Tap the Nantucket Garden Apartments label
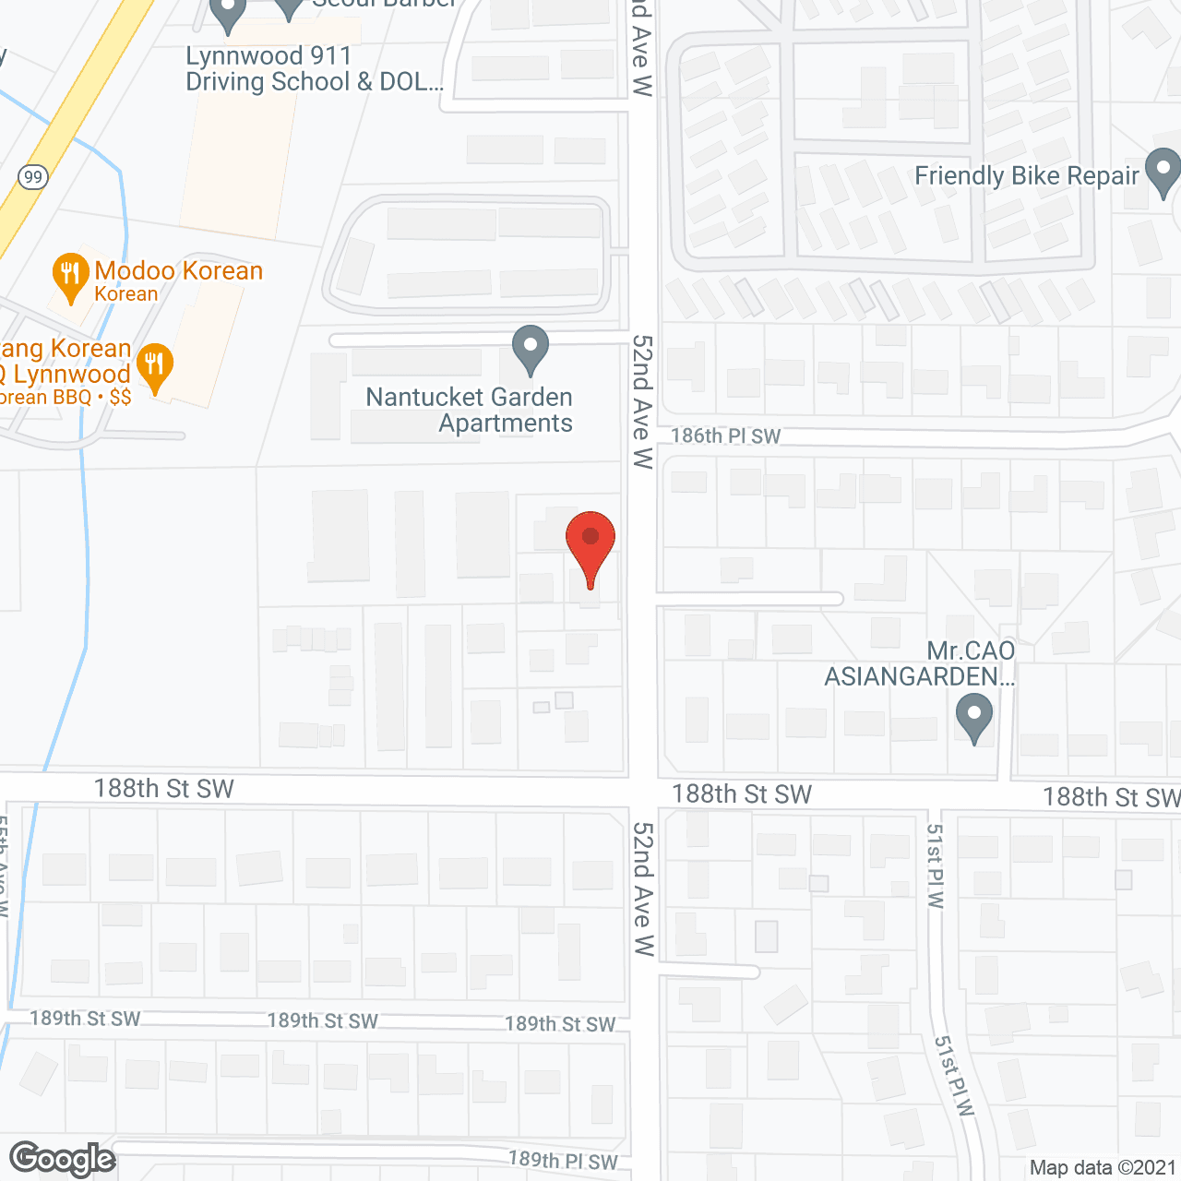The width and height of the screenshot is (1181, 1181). (469, 410)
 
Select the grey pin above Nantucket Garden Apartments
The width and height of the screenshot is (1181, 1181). (530, 350)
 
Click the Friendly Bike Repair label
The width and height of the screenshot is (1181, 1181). (1026, 175)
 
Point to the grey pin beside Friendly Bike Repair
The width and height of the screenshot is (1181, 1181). (1163, 172)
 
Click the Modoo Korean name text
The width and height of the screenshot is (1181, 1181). (178, 270)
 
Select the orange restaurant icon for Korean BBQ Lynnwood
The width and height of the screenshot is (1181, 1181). (155, 367)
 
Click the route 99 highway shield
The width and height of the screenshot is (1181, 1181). (33, 176)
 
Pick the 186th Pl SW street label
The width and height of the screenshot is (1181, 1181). (725, 435)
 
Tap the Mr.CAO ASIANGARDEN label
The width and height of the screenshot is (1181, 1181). (920, 663)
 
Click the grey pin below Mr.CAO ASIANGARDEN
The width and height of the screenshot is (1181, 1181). (973, 718)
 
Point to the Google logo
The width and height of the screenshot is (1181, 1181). (63, 1159)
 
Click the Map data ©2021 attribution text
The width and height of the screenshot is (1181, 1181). (1103, 1167)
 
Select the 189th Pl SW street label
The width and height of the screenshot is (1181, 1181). (562, 1161)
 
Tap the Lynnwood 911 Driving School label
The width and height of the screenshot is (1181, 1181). (314, 68)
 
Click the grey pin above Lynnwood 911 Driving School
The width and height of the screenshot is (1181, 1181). (227, 13)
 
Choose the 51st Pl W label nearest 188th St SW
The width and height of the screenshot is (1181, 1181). (935, 866)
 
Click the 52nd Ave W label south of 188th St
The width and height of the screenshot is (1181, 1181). (643, 889)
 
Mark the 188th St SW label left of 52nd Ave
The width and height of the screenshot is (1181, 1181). (163, 788)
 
